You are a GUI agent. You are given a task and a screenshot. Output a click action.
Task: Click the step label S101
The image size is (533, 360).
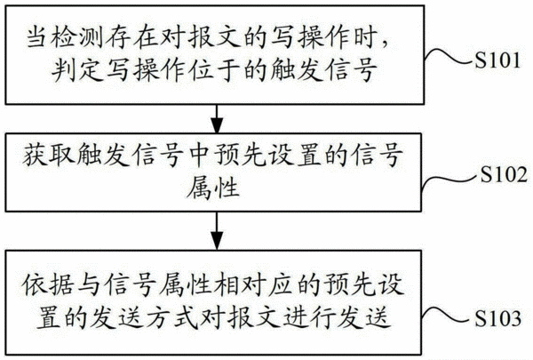497,60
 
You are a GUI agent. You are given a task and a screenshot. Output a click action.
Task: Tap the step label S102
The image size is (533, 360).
504,174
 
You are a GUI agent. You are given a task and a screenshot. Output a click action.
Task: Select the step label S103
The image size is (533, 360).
497,318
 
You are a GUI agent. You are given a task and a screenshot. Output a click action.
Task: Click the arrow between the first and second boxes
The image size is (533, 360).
217,118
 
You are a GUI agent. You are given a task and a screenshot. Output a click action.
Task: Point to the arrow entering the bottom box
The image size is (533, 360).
217,231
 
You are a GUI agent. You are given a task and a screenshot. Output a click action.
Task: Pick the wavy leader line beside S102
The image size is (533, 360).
450,181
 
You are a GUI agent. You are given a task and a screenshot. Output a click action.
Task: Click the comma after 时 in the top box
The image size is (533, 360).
384,44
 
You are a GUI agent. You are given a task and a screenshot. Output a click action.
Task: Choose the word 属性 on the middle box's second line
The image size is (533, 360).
213,188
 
